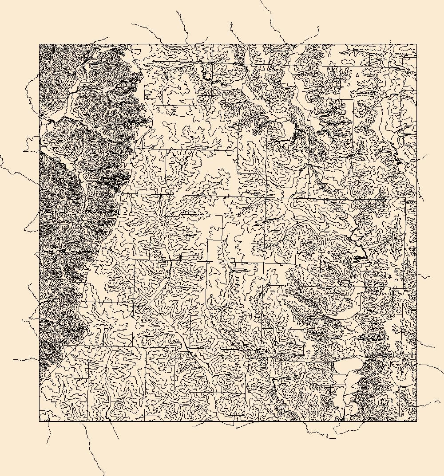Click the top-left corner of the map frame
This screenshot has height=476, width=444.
[40, 44]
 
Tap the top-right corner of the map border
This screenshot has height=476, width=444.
[416, 44]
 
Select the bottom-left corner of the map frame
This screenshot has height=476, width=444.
[40, 421]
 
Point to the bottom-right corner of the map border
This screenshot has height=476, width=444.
[416, 421]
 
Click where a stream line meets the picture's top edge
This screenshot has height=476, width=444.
[261, 0]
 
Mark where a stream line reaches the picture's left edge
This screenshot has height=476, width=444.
[0, 156]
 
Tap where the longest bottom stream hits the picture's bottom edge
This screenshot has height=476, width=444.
[104, 475]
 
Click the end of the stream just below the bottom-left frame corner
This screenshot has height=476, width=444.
[47, 444]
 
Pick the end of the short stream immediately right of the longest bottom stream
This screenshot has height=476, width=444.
[118, 438]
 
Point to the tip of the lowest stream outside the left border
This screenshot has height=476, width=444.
[13, 360]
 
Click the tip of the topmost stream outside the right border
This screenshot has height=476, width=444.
[427, 154]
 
